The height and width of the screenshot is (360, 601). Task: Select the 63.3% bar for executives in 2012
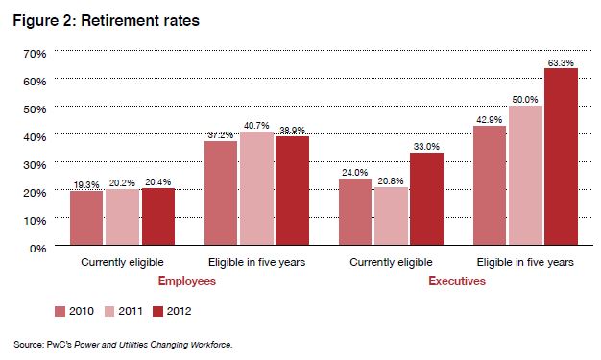click(x=562, y=158)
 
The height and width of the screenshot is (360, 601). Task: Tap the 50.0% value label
click(x=526, y=100)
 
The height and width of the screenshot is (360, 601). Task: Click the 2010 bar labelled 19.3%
click(x=86, y=219)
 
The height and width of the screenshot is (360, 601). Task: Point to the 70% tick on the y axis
click(x=33, y=52)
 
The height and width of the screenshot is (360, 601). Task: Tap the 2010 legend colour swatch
click(x=60, y=310)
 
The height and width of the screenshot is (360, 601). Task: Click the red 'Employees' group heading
click(x=185, y=282)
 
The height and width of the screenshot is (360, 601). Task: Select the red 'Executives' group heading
click(x=456, y=282)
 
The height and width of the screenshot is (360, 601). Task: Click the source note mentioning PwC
click(x=123, y=343)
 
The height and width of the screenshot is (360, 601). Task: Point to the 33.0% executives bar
click(x=426, y=201)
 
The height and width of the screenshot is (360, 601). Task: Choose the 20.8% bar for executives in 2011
click(x=391, y=217)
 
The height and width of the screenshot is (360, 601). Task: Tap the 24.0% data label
click(x=355, y=173)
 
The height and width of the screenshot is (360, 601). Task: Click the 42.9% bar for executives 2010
click(x=490, y=186)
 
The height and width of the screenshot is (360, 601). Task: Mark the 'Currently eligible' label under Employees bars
click(x=122, y=262)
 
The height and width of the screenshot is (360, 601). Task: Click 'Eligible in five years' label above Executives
click(x=525, y=262)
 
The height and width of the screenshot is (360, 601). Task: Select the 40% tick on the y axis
click(x=33, y=136)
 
